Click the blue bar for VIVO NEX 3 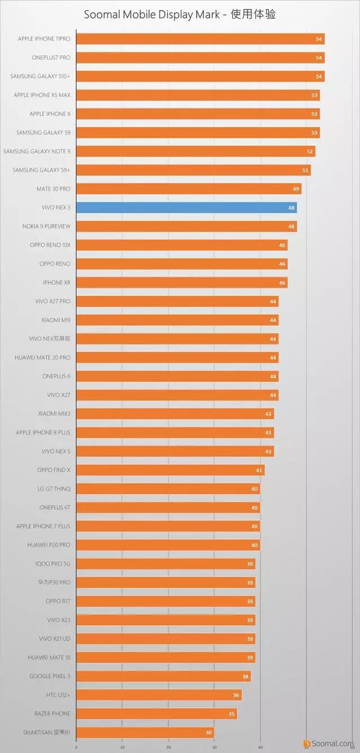[186, 208]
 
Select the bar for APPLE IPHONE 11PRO [200, 39]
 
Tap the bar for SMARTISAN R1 [145, 732]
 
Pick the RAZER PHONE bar [156, 714]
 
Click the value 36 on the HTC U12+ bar [236, 695]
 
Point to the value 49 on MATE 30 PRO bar [296, 189]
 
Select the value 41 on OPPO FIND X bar [259, 470]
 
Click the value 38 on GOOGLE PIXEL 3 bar [245, 676]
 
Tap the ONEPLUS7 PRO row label [51, 57]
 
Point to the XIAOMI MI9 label [56, 320]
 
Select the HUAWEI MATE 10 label [49, 657]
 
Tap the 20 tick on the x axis [168, 747]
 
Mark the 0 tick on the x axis [76, 747]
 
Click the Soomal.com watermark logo [328, 743]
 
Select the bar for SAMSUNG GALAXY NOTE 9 [195, 151]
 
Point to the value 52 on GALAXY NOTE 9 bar [310, 151]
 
